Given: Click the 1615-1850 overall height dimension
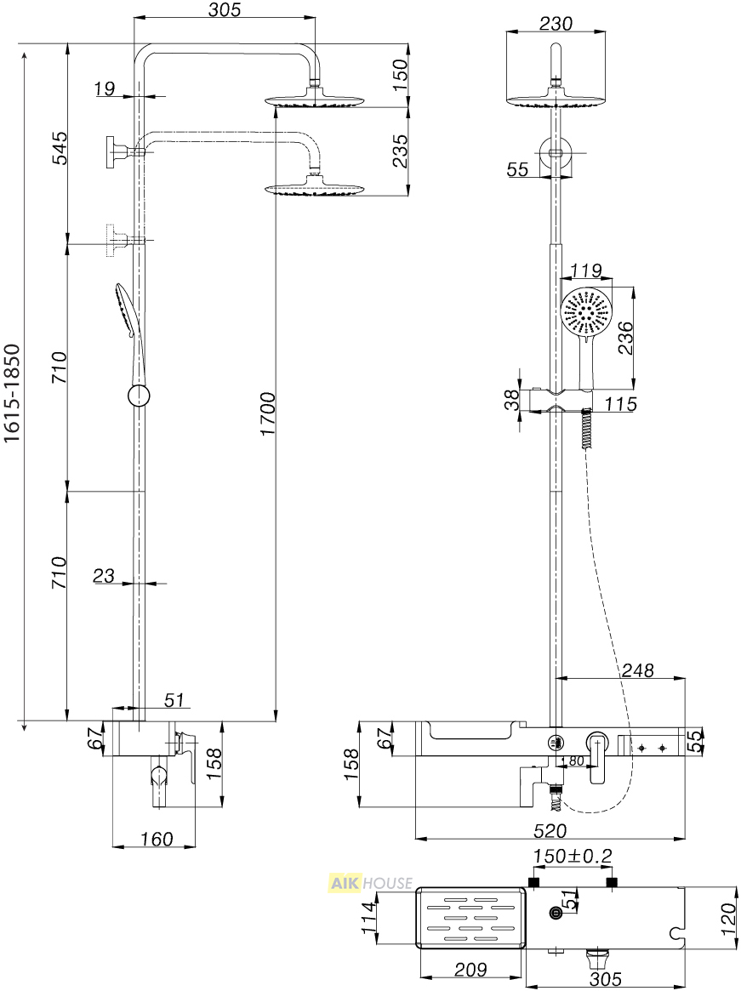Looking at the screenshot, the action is tap(14, 393).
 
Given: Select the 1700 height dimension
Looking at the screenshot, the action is tap(267, 414).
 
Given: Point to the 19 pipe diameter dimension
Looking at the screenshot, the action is tap(105, 88).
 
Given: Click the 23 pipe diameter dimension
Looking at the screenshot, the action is tap(104, 575).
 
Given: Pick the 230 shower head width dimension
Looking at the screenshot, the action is tap(556, 23).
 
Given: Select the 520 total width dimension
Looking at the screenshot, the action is tap(550, 830).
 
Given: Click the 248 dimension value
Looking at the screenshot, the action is tap(637, 670).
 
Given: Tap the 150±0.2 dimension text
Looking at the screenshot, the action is tap(573, 857).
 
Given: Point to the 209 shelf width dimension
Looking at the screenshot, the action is tap(470, 969).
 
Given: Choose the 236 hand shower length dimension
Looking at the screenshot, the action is tap(624, 338).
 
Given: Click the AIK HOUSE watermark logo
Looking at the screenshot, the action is tap(371, 882).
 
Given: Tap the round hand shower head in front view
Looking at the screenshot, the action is tap(585, 314).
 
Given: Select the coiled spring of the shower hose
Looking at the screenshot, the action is tap(587, 430).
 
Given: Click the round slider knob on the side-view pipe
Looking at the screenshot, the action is tap(139, 397).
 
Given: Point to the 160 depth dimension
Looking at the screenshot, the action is tap(156, 839).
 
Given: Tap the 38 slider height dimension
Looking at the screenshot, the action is tap(511, 399).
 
